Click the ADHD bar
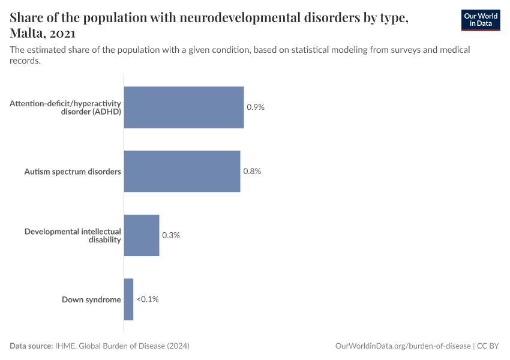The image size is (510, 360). pyautogui.click(x=184, y=107)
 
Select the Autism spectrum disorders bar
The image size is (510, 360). pyautogui.click(x=182, y=171)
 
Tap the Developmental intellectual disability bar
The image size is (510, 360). pyautogui.click(x=142, y=235)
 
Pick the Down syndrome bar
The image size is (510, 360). pyautogui.click(x=128, y=299)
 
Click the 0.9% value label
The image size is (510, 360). pyautogui.click(x=256, y=107)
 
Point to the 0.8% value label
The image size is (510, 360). pyautogui.click(x=252, y=171)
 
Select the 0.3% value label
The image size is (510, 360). pyautogui.click(x=171, y=235)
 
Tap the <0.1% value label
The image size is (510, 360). pyautogui.click(x=148, y=299)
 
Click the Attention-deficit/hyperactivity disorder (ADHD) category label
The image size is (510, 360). pyautogui.click(x=65, y=107)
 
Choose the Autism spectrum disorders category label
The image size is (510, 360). pyautogui.click(x=73, y=172)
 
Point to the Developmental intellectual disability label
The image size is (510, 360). pyautogui.click(x=73, y=235)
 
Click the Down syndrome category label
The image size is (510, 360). pyautogui.click(x=91, y=299)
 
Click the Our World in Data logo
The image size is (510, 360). pyautogui.click(x=481, y=20)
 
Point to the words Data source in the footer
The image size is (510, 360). pyautogui.click(x=31, y=346)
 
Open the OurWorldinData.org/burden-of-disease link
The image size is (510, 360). pyautogui.click(x=403, y=346)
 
